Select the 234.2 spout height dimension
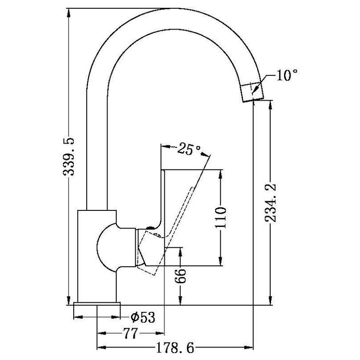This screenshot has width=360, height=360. tap(271, 203)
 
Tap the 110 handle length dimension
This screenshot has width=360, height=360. tap(221, 217)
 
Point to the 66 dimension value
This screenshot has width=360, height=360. tap(180, 276)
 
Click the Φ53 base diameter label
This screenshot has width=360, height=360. tap(143, 317)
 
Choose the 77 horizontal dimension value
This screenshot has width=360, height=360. tap(131, 333)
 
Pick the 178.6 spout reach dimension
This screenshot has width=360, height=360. tap(175, 348)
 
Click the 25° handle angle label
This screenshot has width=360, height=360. tap(189, 149)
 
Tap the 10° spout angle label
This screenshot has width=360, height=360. tap(287, 75)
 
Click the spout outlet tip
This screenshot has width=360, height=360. tap(253, 100)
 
